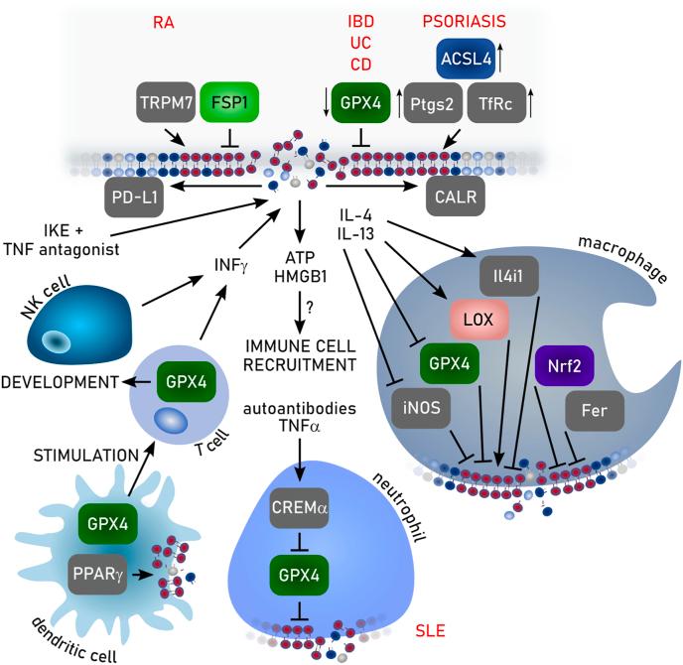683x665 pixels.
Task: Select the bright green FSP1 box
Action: [229, 102]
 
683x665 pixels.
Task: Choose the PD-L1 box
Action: [133, 198]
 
